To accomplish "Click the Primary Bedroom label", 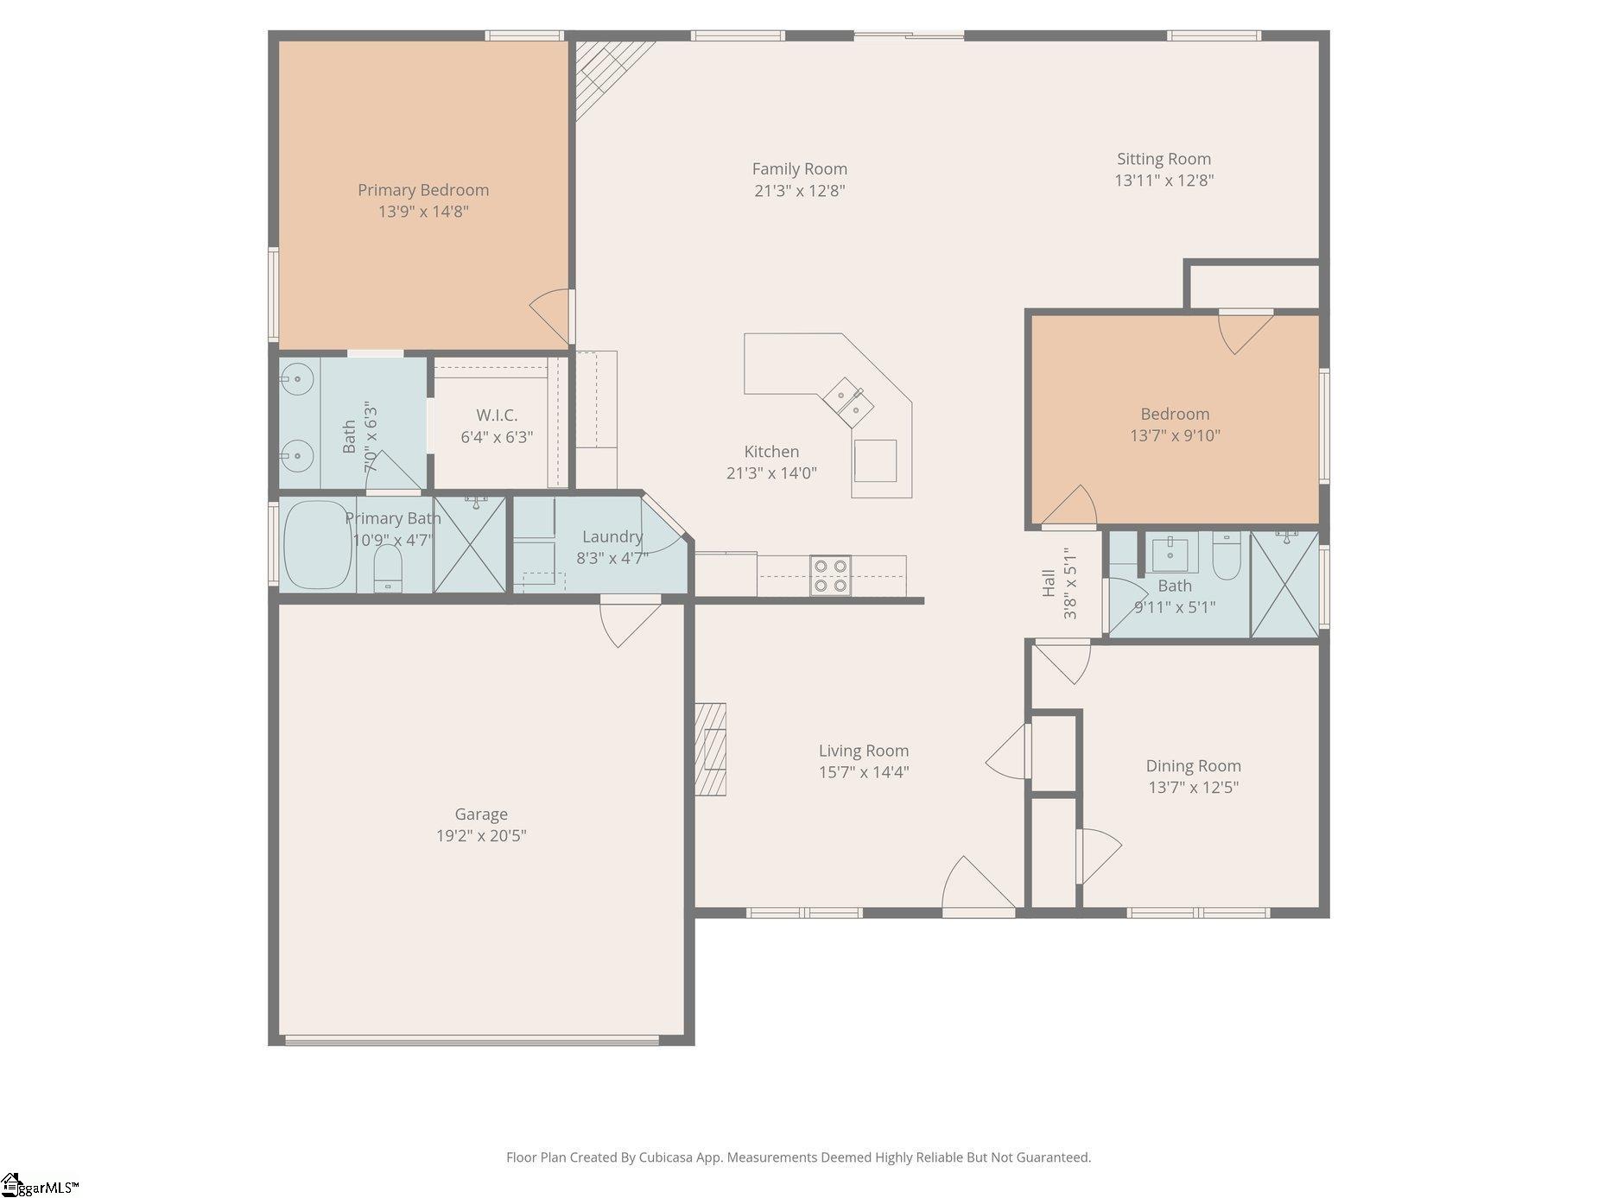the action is [x=423, y=190].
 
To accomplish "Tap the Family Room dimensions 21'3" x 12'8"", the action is [x=799, y=191].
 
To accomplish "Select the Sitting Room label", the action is [x=1164, y=159].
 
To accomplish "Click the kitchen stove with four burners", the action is [x=830, y=576].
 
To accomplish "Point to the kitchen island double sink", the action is [x=847, y=403].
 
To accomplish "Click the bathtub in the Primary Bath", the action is [x=316, y=545].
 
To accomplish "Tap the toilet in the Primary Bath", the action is [x=388, y=568].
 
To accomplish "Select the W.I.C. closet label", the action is [x=497, y=415].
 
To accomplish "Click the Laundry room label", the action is [x=612, y=536].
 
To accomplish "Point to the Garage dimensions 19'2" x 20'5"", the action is [x=481, y=835].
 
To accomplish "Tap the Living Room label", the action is [x=864, y=751].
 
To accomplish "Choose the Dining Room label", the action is [x=1193, y=765].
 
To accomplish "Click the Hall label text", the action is [x=1049, y=583].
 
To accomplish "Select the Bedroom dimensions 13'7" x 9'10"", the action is [x=1175, y=435].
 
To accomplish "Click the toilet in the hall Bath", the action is [x=1227, y=555].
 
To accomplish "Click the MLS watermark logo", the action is [x=40, y=1185].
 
